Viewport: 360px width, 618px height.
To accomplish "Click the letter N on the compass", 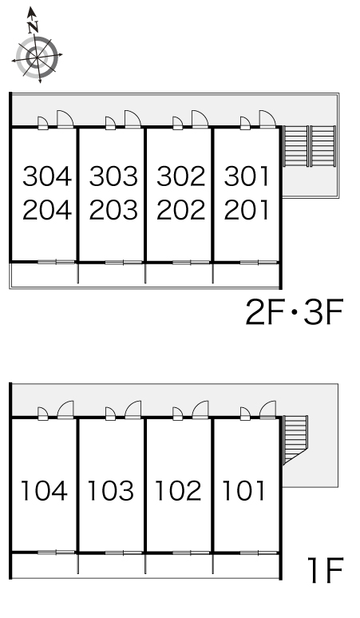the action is click(33, 27).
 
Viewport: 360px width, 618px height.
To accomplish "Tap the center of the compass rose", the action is click(37, 58).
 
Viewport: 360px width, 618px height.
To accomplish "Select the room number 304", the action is click(47, 176).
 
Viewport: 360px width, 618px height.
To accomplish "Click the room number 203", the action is click(113, 210).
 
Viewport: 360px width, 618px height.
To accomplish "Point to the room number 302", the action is click(181, 176).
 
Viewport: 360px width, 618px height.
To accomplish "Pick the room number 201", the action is click(247, 210).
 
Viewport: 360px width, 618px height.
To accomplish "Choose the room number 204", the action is click(47, 210).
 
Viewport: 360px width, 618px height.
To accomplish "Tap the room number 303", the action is click(113, 176).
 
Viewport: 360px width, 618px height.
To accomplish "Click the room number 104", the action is click(44, 491).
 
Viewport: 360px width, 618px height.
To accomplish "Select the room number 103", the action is click(111, 491).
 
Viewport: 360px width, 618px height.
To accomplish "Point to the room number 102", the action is click(179, 491).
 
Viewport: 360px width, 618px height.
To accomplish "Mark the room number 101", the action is click(244, 491).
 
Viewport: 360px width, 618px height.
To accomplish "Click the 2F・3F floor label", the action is click(295, 312).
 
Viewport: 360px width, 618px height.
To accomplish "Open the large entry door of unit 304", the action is click(65, 119).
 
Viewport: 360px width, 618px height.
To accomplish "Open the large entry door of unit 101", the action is click(268, 410).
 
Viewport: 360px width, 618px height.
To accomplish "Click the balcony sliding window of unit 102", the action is click(191, 553).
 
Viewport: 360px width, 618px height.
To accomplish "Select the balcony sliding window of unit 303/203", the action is click(124, 262).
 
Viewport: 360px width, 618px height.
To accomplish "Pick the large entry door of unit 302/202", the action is click(200, 119).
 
